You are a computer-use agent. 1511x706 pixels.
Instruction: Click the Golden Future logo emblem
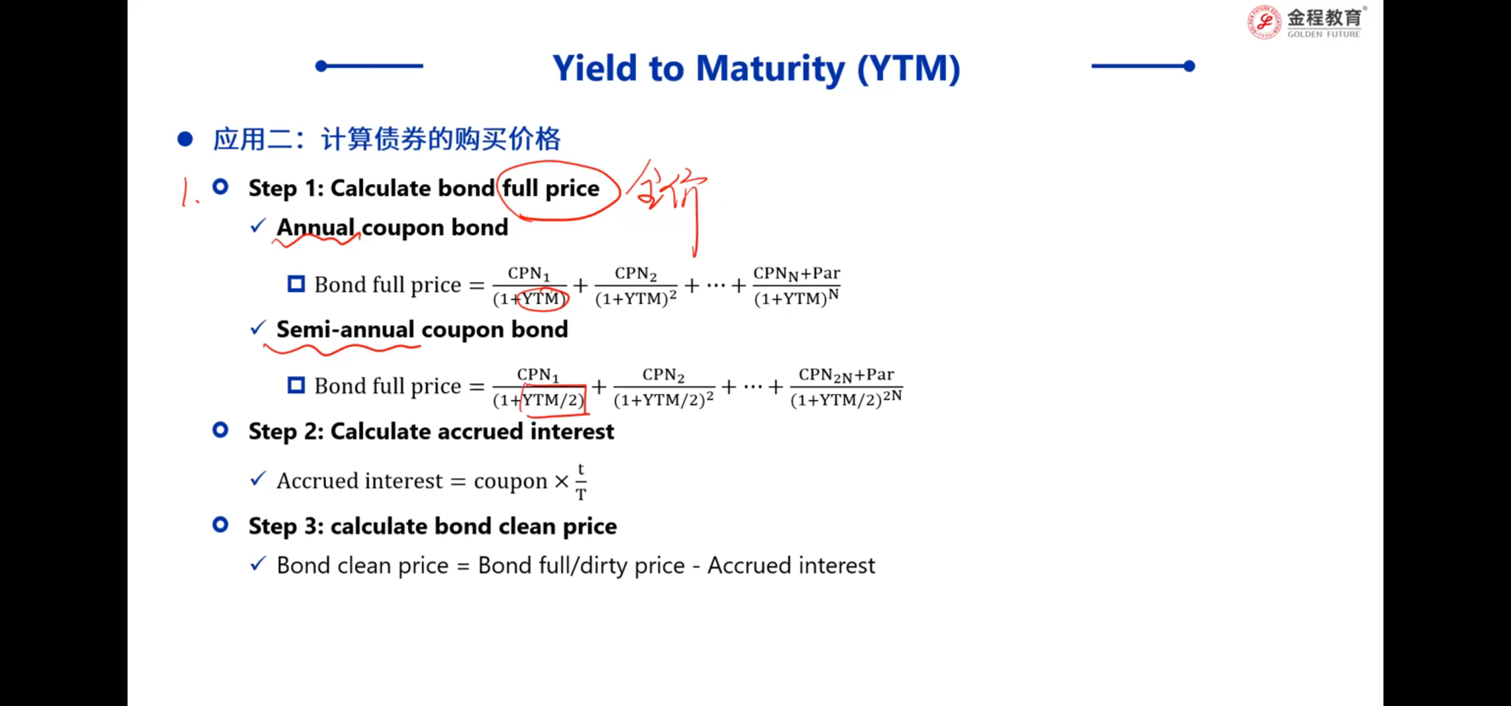coord(1264,22)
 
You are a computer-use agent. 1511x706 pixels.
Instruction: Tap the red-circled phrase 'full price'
coord(551,188)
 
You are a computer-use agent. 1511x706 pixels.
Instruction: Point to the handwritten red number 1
coord(188,193)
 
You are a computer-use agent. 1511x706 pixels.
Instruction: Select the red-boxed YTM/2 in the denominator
coord(553,399)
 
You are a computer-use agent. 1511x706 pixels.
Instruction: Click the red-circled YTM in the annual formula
coord(541,299)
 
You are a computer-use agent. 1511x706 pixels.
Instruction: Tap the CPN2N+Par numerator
coord(846,375)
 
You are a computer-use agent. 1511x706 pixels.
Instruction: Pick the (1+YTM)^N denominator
coord(796,298)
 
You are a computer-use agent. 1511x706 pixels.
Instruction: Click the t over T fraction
coord(581,482)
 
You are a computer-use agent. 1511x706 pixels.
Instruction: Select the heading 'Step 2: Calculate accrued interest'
coord(431,432)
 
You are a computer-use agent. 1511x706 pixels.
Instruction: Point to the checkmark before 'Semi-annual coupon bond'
coord(258,328)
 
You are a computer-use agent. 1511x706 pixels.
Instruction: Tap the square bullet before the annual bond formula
coord(296,284)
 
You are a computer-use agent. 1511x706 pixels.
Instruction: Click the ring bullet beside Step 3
coord(220,524)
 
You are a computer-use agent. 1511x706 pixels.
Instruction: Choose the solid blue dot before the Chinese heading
coord(185,139)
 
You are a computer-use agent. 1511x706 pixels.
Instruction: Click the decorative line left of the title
coord(369,65)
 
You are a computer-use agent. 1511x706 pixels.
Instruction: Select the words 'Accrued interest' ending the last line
coord(791,565)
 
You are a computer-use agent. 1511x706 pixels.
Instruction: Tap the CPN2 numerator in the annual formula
coord(636,274)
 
